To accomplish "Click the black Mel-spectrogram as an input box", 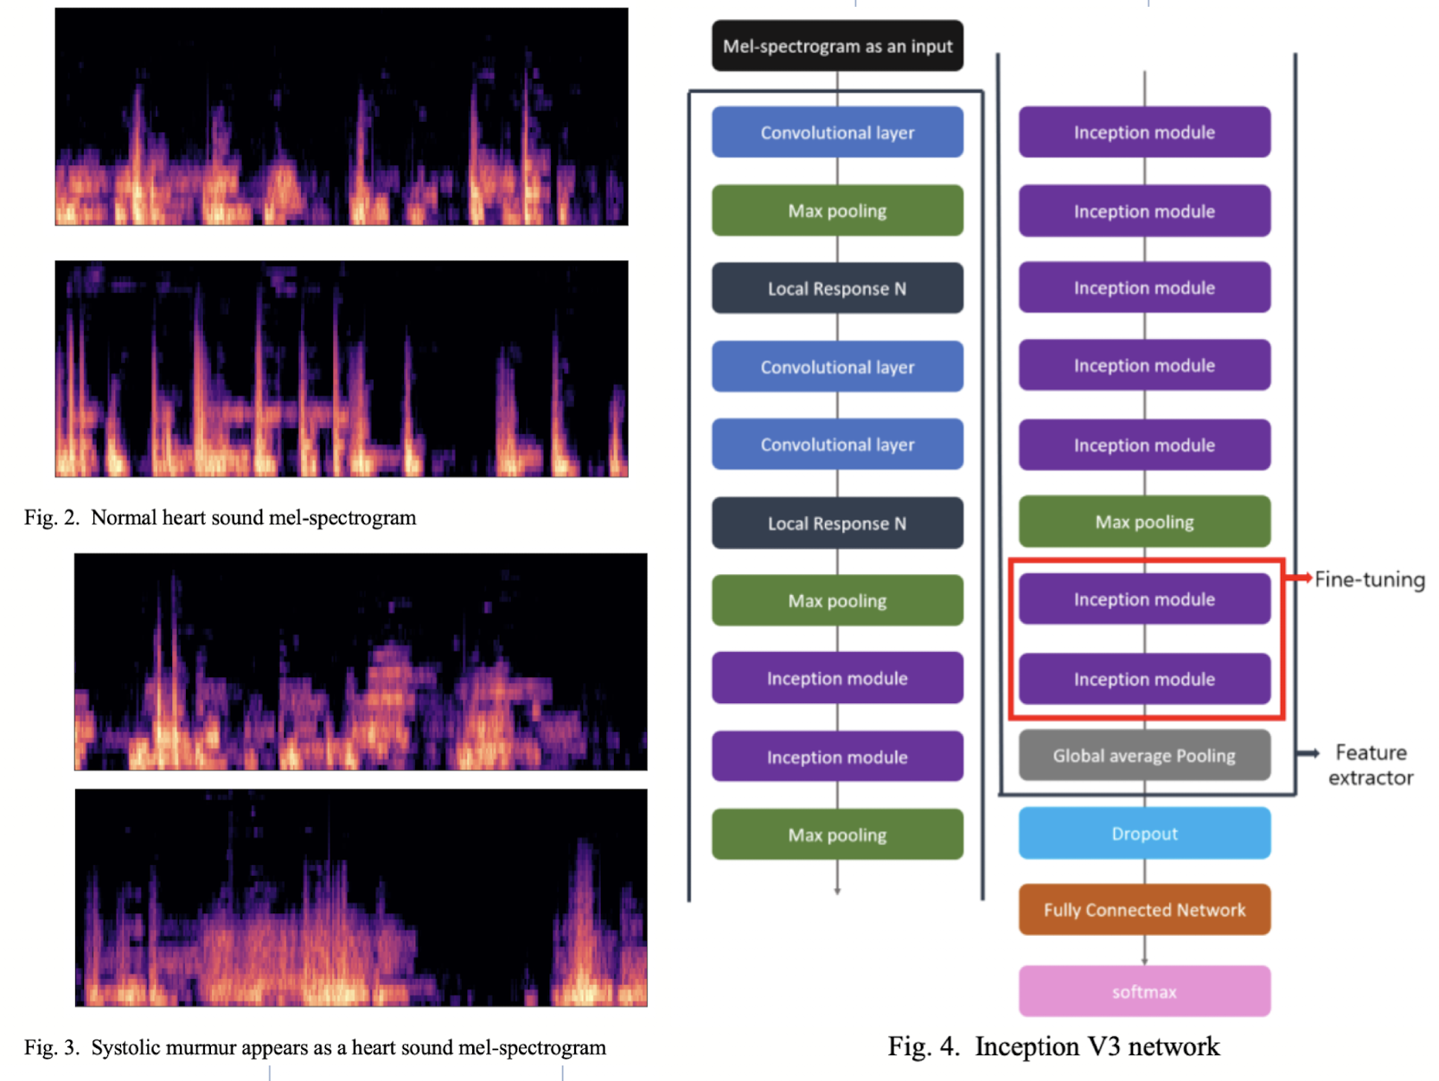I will (x=837, y=46).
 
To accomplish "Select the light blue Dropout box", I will (x=1144, y=834).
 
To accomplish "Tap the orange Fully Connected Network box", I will (x=1144, y=910).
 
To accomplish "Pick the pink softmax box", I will (x=1144, y=992).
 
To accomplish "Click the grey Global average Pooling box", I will (x=1144, y=756).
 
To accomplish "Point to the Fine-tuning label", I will (x=1370, y=579).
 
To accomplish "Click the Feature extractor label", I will (x=1371, y=765).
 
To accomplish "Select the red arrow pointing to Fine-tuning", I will (x=1299, y=577).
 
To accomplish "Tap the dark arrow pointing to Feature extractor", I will (x=1308, y=754).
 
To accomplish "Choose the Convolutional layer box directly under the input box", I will (x=837, y=132).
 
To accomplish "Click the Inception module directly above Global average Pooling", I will (x=1144, y=680).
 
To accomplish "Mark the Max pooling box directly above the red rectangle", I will (x=1144, y=522).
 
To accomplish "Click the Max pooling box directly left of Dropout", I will (x=837, y=835).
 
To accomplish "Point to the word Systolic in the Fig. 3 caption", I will (x=125, y=1048).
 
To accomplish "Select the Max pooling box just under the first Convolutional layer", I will (x=837, y=211).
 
